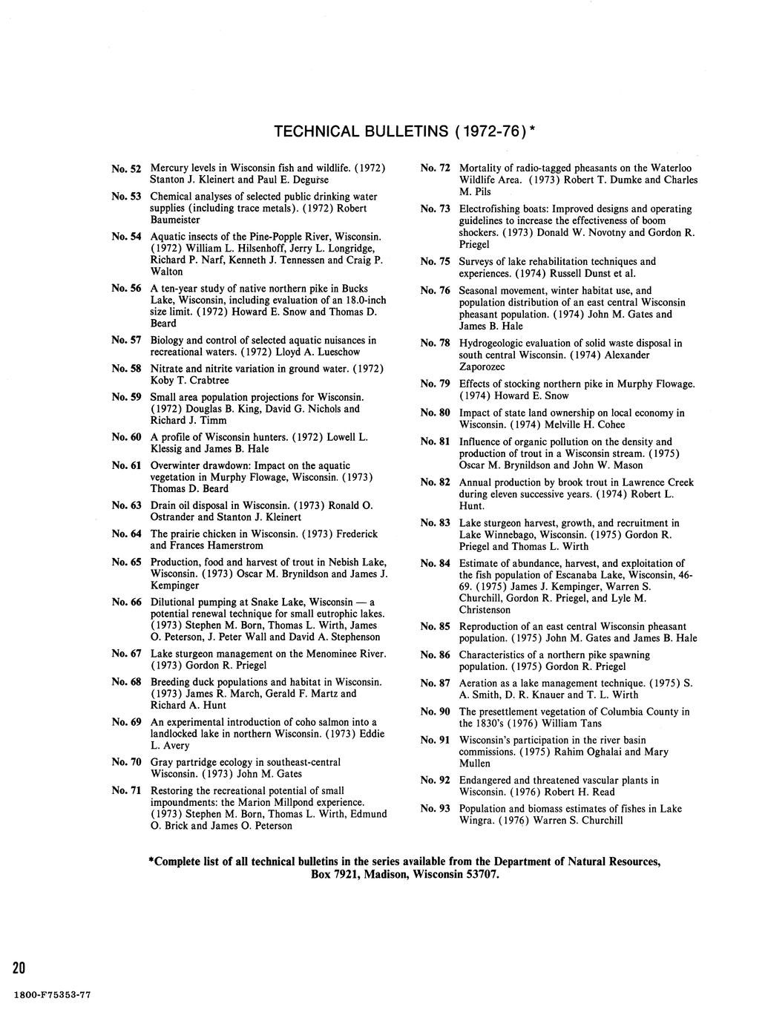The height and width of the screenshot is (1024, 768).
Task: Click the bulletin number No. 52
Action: (x=126, y=168)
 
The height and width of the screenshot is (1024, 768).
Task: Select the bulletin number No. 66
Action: (x=126, y=602)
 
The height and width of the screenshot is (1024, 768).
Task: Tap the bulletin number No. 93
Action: (x=435, y=808)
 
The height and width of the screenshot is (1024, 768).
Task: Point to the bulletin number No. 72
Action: (x=435, y=168)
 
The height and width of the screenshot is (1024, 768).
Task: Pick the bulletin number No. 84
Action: (x=435, y=563)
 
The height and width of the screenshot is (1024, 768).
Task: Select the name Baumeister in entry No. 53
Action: (x=175, y=220)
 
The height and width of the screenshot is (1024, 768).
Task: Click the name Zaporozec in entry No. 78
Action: (x=484, y=367)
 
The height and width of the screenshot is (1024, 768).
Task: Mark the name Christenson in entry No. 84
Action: (x=485, y=609)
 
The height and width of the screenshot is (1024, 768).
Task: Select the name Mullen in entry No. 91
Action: (x=475, y=763)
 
